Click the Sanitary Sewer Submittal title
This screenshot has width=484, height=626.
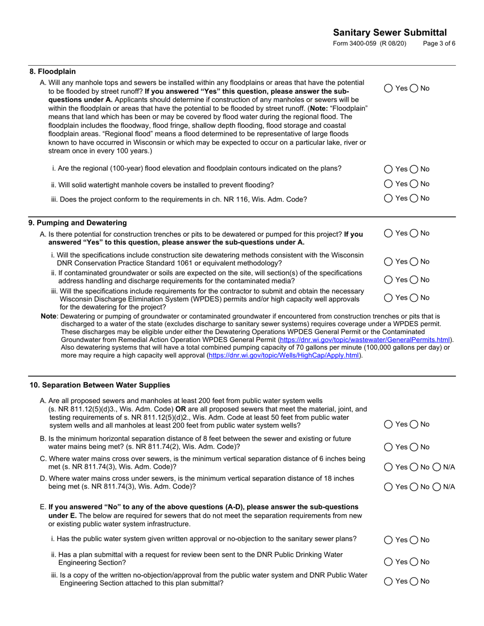390,33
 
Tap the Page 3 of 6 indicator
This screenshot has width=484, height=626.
439,44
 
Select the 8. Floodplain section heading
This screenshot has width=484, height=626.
52,72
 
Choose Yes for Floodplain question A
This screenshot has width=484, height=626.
388,88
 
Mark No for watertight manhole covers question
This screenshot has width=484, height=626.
414,184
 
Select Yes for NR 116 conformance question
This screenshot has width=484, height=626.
388,198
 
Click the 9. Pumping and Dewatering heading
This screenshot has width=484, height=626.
78,223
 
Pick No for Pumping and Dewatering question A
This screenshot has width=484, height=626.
414,233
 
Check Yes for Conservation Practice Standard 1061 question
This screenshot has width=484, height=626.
388,262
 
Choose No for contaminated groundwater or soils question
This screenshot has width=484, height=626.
414,279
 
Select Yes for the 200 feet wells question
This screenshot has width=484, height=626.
388,424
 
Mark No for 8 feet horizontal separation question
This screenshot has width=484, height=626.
414,447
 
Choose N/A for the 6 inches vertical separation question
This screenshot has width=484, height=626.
437,467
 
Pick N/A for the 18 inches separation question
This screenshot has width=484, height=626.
437,487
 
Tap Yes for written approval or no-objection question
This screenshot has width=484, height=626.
388,539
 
